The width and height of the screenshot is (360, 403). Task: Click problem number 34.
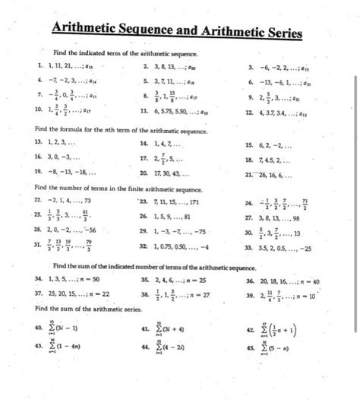(x=29, y=279)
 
